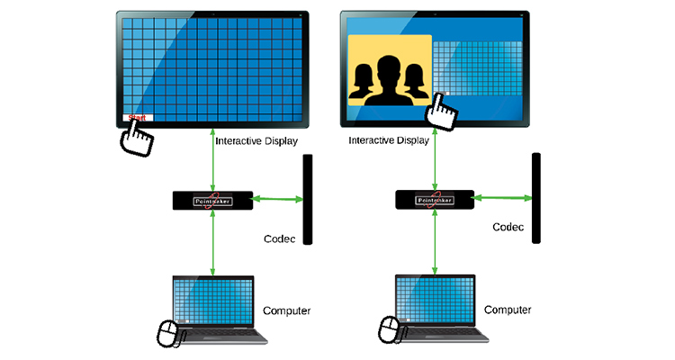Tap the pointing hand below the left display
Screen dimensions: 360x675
138,138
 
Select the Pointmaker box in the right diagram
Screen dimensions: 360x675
436,201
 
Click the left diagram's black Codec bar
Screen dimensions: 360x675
308,199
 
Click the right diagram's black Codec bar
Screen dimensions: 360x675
535,198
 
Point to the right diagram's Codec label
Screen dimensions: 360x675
508,228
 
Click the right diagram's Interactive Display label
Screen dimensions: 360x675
389,140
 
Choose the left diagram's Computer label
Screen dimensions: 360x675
286,311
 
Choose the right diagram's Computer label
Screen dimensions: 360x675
508,310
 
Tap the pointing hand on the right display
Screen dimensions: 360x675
442,110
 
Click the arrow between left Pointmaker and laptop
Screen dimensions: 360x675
213,243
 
